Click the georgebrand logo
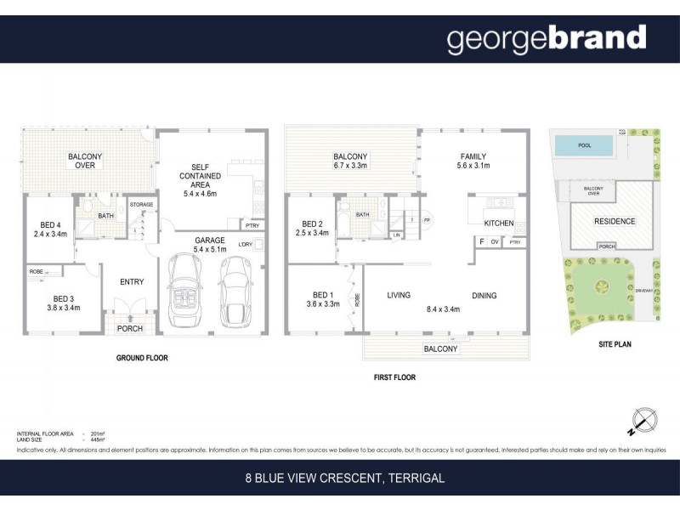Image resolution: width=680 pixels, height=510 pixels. point(547,39)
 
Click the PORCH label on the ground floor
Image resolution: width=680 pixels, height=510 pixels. point(129,329)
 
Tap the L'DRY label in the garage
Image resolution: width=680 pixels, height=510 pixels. point(246,245)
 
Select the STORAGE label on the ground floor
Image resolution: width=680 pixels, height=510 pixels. point(140,205)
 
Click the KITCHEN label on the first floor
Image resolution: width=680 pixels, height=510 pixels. point(498,223)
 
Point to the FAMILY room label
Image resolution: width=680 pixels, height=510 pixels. point(473,156)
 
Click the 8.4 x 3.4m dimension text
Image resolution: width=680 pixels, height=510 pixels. point(442,309)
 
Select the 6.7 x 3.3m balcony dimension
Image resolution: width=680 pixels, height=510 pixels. point(350,167)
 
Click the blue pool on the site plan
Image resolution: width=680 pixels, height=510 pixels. point(585,145)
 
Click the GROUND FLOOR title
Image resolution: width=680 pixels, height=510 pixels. point(142,358)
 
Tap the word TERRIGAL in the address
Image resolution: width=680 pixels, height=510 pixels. point(416,479)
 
